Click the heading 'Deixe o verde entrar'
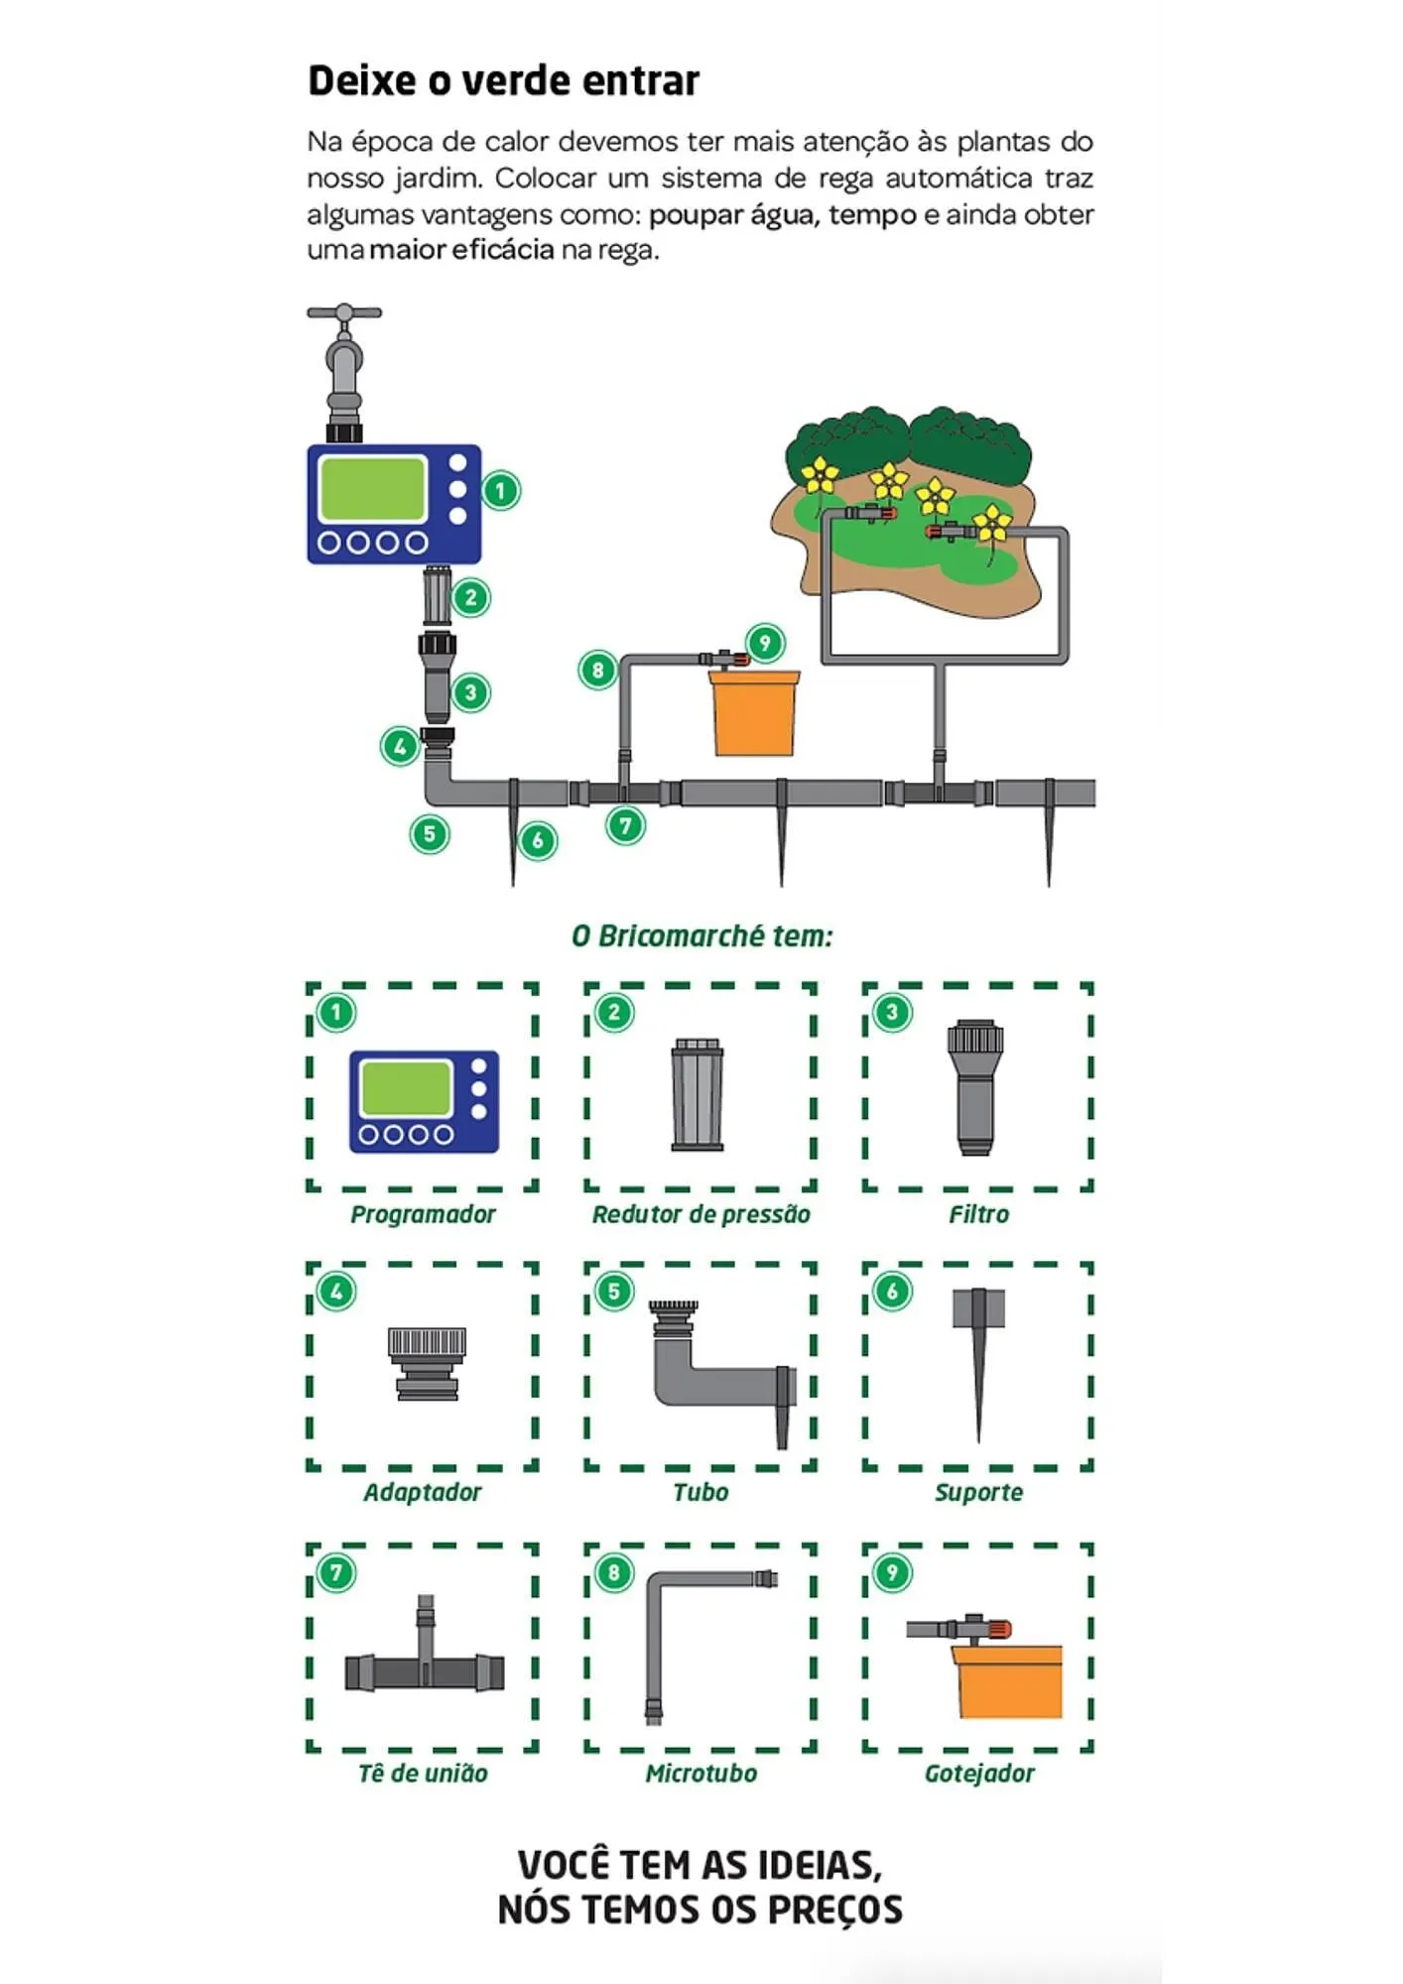click(503, 80)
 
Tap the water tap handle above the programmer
click(343, 313)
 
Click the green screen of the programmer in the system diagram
click(372, 488)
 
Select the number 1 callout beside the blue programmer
click(500, 490)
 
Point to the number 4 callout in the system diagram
click(400, 746)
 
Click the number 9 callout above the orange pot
click(764, 643)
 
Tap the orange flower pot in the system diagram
click(755, 712)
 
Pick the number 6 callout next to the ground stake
click(538, 841)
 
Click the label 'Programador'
click(423, 1214)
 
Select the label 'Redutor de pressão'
click(701, 1214)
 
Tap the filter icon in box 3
click(976, 1087)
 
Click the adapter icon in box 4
click(427, 1363)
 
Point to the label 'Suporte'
click(978, 1492)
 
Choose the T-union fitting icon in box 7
click(425, 1669)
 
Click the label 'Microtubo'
click(701, 1773)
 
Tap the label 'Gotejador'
click(978, 1773)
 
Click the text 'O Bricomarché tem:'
click(701, 935)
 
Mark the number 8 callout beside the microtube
click(597, 671)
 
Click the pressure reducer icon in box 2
click(698, 1094)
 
